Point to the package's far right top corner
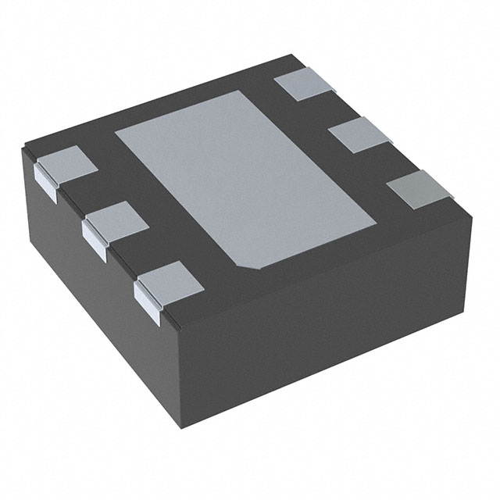coord(475,209)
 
